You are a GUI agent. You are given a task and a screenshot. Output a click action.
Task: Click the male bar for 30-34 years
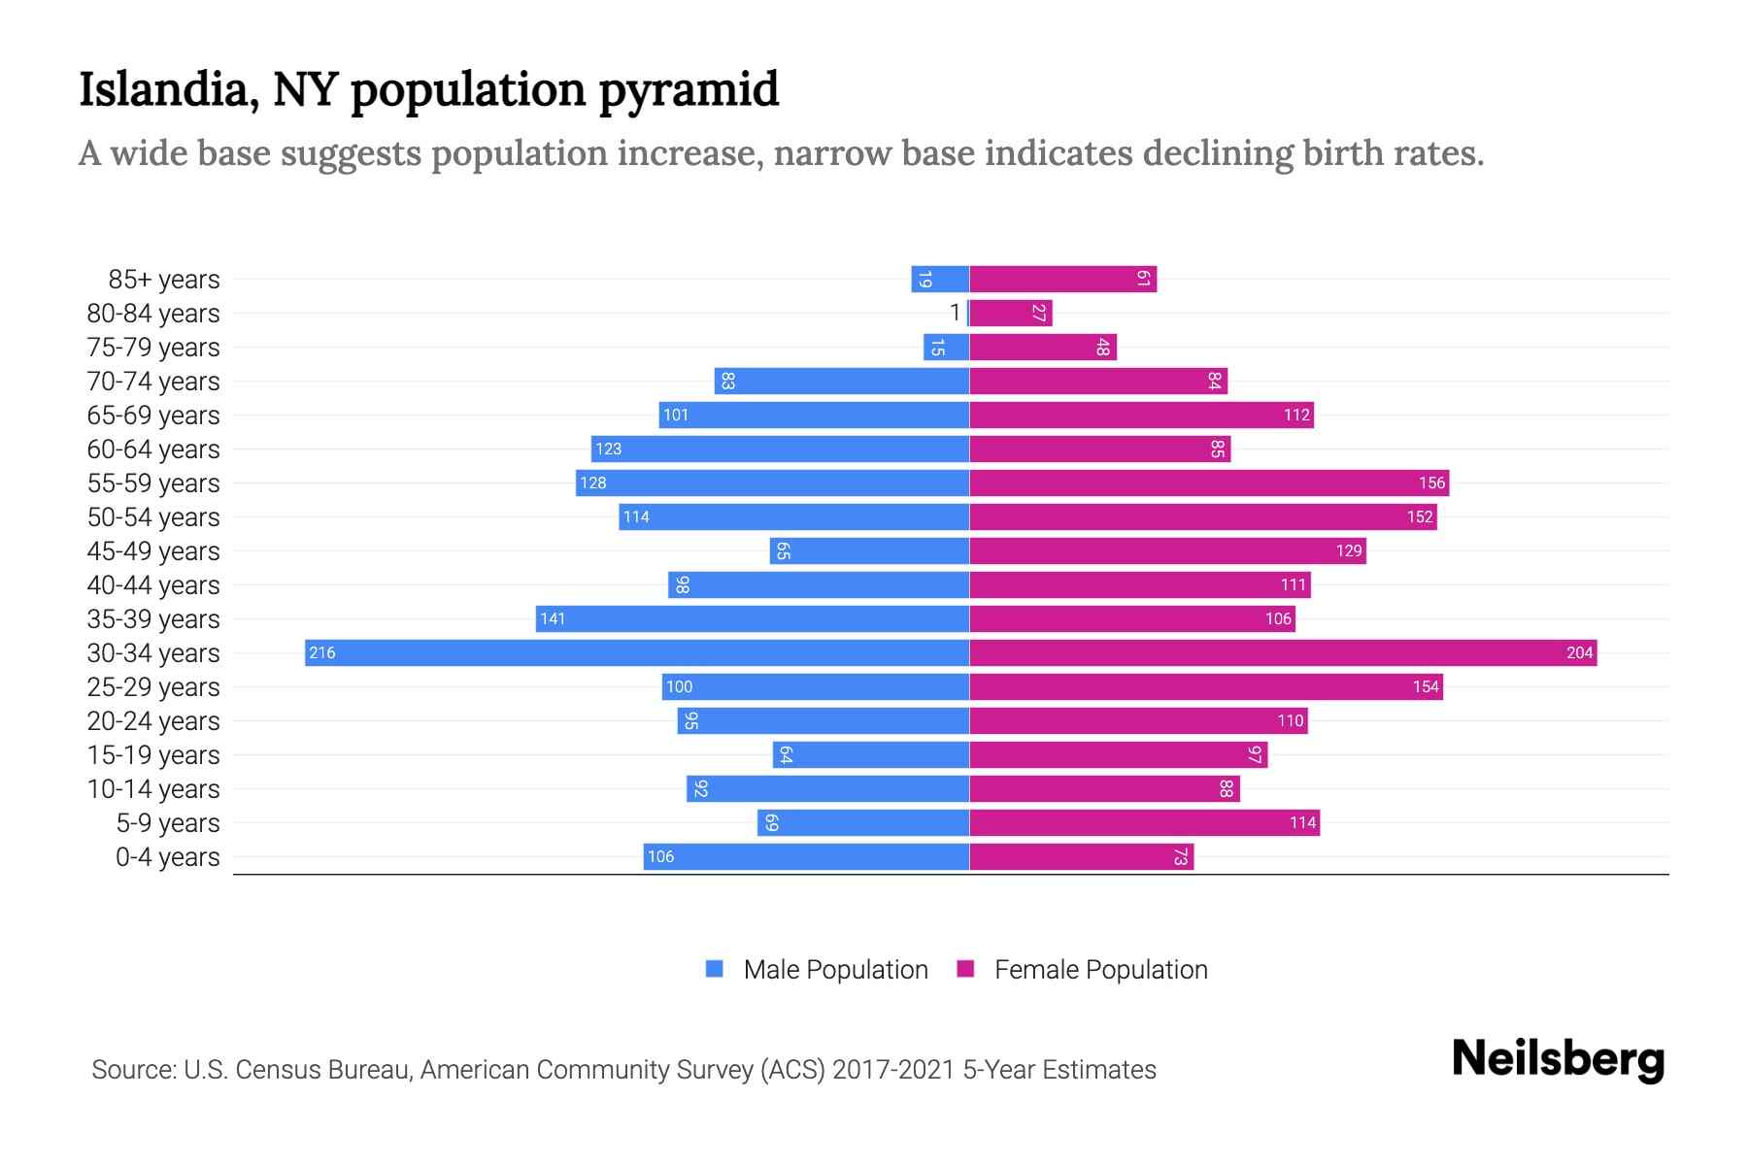pyautogui.click(x=637, y=652)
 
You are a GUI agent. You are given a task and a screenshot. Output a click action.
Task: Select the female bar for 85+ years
pyautogui.click(x=1062, y=280)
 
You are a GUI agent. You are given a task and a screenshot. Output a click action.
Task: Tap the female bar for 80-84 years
pyautogui.click(x=1010, y=314)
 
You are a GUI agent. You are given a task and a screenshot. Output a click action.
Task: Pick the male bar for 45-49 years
pyautogui.click(x=869, y=551)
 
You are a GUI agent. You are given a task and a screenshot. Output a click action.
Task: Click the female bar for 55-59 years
pyautogui.click(x=1209, y=483)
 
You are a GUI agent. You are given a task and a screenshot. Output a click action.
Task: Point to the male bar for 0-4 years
pyautogui.click(x=806, y=857)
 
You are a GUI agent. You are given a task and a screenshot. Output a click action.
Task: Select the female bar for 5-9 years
pyautogui.click(x=1144, y=823)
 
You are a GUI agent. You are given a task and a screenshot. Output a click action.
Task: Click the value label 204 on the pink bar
pyautogui.click(x=1579, y=653)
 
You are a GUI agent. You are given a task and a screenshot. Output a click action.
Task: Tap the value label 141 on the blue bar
pyautogui.click(x=553, y=619)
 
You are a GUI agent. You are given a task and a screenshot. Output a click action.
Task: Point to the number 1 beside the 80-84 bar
pyautogui.click(x=955, y=313)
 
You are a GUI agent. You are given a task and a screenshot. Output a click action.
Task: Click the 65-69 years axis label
pyautogui.click(x=153, y=416)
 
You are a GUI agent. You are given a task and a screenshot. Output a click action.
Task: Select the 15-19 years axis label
pyautogui.click(x=153, y=755)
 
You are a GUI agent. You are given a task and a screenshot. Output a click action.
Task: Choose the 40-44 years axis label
pyautogui.click(x=153, y=585)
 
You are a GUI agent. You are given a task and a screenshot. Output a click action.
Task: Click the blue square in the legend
pyautogui.click(x=715, y=969)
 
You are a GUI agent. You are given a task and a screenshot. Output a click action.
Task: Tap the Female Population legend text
pyautogui.click(x=1100, y=970)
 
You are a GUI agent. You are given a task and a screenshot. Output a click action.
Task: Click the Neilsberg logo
pyautogui.click(x=1558, y=1059)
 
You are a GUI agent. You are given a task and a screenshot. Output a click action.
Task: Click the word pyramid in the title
pyautogui.click(x=689, y=90)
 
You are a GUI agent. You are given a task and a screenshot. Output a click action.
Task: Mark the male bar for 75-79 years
pyautogui.click(x=946, y=348)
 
